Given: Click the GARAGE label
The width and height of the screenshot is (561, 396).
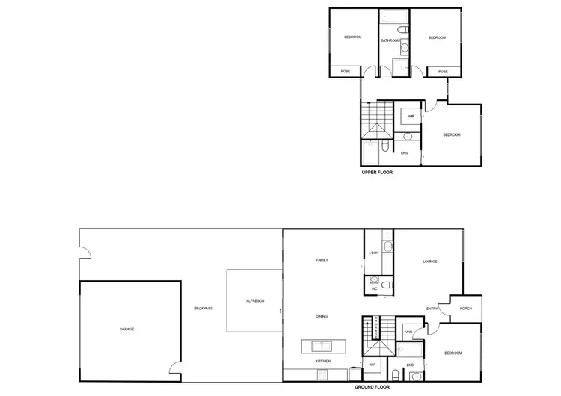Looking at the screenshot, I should [126, 329].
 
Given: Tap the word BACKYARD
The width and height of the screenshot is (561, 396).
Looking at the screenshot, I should [203, 308].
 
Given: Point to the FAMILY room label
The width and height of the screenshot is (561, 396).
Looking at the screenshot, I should [322, 260].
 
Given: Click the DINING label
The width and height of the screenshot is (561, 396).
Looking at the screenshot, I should [322, 316].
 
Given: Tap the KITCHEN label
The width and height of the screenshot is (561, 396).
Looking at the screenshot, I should [322, 361].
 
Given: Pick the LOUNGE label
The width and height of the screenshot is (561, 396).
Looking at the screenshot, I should [429, 262].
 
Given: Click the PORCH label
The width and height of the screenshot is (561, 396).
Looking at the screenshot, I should [466, 308].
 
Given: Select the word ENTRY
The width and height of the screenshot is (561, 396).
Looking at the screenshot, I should [432, 309].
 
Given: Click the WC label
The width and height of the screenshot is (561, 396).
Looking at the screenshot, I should [373, 286].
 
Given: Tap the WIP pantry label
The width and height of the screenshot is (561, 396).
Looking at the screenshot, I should [372, 365].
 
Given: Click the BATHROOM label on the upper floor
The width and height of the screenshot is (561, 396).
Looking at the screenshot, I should [391, 40].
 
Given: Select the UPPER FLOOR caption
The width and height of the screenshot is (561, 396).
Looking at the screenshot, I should [377, 172].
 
